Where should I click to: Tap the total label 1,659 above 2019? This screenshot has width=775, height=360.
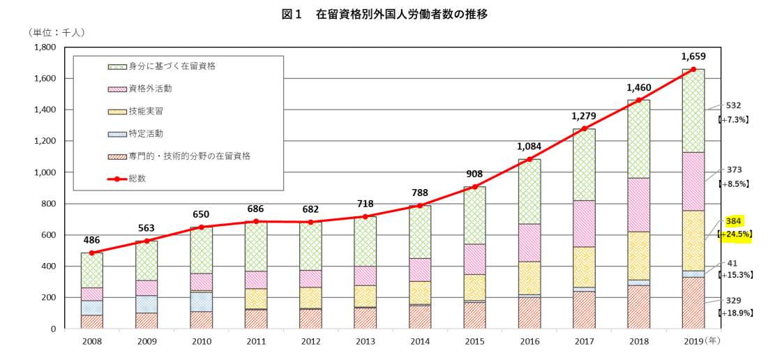click(x=693, y=56)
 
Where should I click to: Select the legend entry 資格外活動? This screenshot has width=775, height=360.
click(x=150, y=89)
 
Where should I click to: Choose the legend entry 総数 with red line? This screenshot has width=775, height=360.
click(x=137, y=179)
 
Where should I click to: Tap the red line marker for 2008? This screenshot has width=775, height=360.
click(x=91, y=253)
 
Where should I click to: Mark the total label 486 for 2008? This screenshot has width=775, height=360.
click(x=91, y=239)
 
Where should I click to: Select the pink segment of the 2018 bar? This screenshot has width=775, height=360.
click(x=638, y=204)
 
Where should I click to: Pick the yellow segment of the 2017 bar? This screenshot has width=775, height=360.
click(x=584, y=267)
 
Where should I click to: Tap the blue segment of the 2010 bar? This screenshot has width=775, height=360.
click(x=201, y=301)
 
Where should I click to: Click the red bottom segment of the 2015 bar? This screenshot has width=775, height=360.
click(x=474, y=315)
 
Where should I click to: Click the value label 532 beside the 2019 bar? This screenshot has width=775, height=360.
click(x=733, y=105)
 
